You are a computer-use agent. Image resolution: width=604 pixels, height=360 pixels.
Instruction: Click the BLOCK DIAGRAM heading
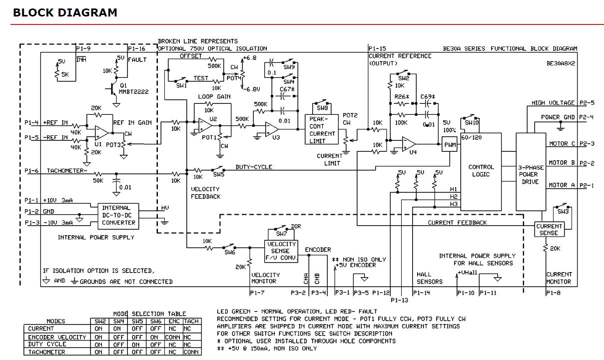65,12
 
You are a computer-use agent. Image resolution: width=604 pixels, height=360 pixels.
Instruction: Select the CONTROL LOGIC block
481,171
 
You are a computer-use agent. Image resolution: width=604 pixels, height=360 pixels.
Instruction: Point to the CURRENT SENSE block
549,229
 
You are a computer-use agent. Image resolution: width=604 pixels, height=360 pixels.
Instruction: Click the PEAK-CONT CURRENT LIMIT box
322,130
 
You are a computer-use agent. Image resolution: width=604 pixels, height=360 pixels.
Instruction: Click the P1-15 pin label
377,49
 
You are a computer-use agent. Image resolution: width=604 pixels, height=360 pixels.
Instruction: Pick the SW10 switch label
472,122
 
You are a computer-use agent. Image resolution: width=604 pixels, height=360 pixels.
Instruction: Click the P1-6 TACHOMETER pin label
31,171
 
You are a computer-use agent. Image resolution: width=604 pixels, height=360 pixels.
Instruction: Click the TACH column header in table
192,321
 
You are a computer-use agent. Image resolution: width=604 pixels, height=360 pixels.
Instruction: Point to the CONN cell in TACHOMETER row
192,352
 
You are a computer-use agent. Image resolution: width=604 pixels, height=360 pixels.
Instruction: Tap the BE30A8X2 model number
561,64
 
